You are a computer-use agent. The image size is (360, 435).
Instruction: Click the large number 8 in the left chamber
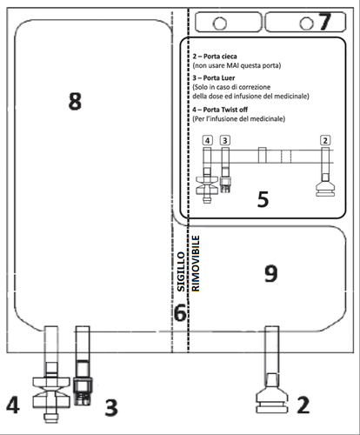tap(75, 102)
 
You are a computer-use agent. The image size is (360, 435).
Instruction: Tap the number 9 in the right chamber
tap(270, 274)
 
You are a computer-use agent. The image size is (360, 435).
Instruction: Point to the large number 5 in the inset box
tap(263, 199)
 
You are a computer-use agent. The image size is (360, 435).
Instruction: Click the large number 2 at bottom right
tap(303, 405)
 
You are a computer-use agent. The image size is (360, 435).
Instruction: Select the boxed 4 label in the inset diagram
tap(207, 139)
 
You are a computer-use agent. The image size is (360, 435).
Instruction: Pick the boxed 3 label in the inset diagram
tap(225, 139)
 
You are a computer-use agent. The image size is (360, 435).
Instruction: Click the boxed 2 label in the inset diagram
tap(325, 139)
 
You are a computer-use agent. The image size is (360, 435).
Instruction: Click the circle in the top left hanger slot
tap(221, 21)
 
